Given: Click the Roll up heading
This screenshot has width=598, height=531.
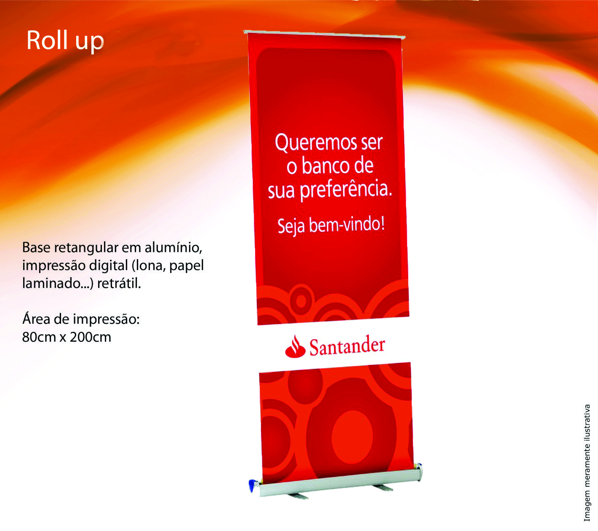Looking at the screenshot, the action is coord(65,41).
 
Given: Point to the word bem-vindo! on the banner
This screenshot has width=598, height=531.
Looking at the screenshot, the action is coord(347,225).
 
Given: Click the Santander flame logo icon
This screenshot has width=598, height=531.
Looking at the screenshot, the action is coord(295,346).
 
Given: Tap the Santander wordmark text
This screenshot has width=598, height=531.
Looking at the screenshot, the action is coord(347,346).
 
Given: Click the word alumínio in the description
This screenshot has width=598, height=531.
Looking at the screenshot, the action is coord(173,247).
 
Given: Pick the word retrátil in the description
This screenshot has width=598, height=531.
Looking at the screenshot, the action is coord(119,284).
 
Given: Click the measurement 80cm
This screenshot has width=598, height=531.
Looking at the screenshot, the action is coord(39,337).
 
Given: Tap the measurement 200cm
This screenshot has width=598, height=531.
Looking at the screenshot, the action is coord(90,337).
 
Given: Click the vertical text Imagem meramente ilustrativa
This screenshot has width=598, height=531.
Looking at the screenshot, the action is coord(587,463).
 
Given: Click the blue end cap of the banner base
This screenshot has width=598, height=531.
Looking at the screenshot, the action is coord(251,486).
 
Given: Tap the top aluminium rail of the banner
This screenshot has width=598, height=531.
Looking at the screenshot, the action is coord(324,34).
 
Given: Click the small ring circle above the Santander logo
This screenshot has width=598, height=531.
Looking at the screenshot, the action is coord(301,301).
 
